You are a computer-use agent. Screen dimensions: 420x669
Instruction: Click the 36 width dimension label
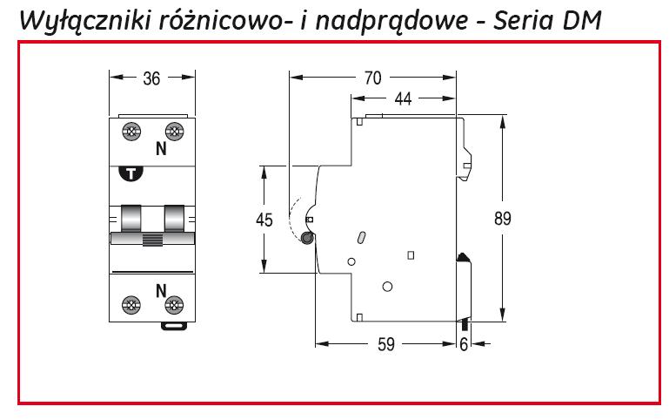151,78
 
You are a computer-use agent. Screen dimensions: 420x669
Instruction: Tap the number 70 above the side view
373,78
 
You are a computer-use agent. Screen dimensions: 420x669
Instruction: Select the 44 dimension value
402,99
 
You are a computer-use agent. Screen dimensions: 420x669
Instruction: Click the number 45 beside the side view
264,220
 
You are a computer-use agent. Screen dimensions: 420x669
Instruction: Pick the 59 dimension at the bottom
385,344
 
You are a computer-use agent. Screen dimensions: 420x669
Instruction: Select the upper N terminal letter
161,149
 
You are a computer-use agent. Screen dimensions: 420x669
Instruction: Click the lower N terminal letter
161,289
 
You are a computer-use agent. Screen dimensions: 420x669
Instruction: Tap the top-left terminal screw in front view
133,133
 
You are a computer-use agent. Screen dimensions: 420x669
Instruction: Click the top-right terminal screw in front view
174,133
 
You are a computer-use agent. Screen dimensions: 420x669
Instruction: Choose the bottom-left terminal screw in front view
133,305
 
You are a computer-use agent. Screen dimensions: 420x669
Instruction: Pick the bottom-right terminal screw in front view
174,305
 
